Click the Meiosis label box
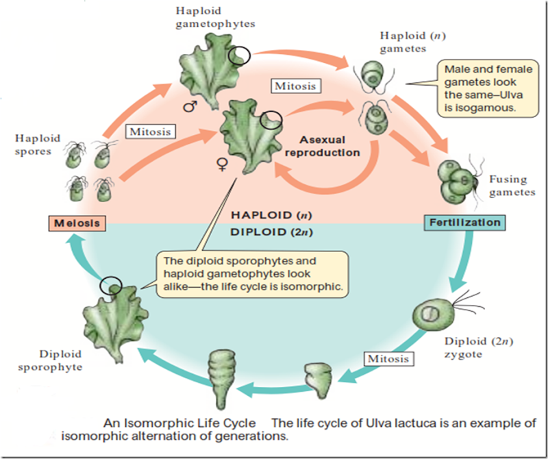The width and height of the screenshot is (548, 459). [75, 223]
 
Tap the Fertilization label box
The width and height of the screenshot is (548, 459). [464, 223]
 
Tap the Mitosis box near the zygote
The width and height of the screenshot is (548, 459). [388, 358]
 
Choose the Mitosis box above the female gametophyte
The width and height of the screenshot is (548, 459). [295, 86]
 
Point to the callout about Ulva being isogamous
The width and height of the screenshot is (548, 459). [486, 88]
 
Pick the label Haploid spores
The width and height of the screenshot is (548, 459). [33, 145]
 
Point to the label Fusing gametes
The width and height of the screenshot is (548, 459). [508, 186]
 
